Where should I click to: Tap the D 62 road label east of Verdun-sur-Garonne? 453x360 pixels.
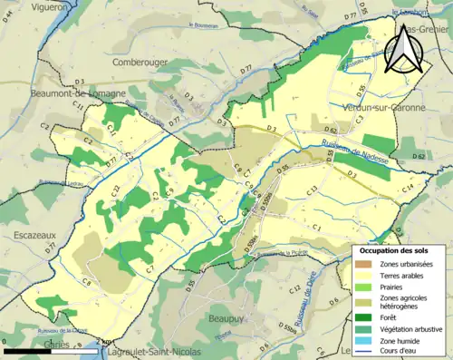click(x=418, y=157)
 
